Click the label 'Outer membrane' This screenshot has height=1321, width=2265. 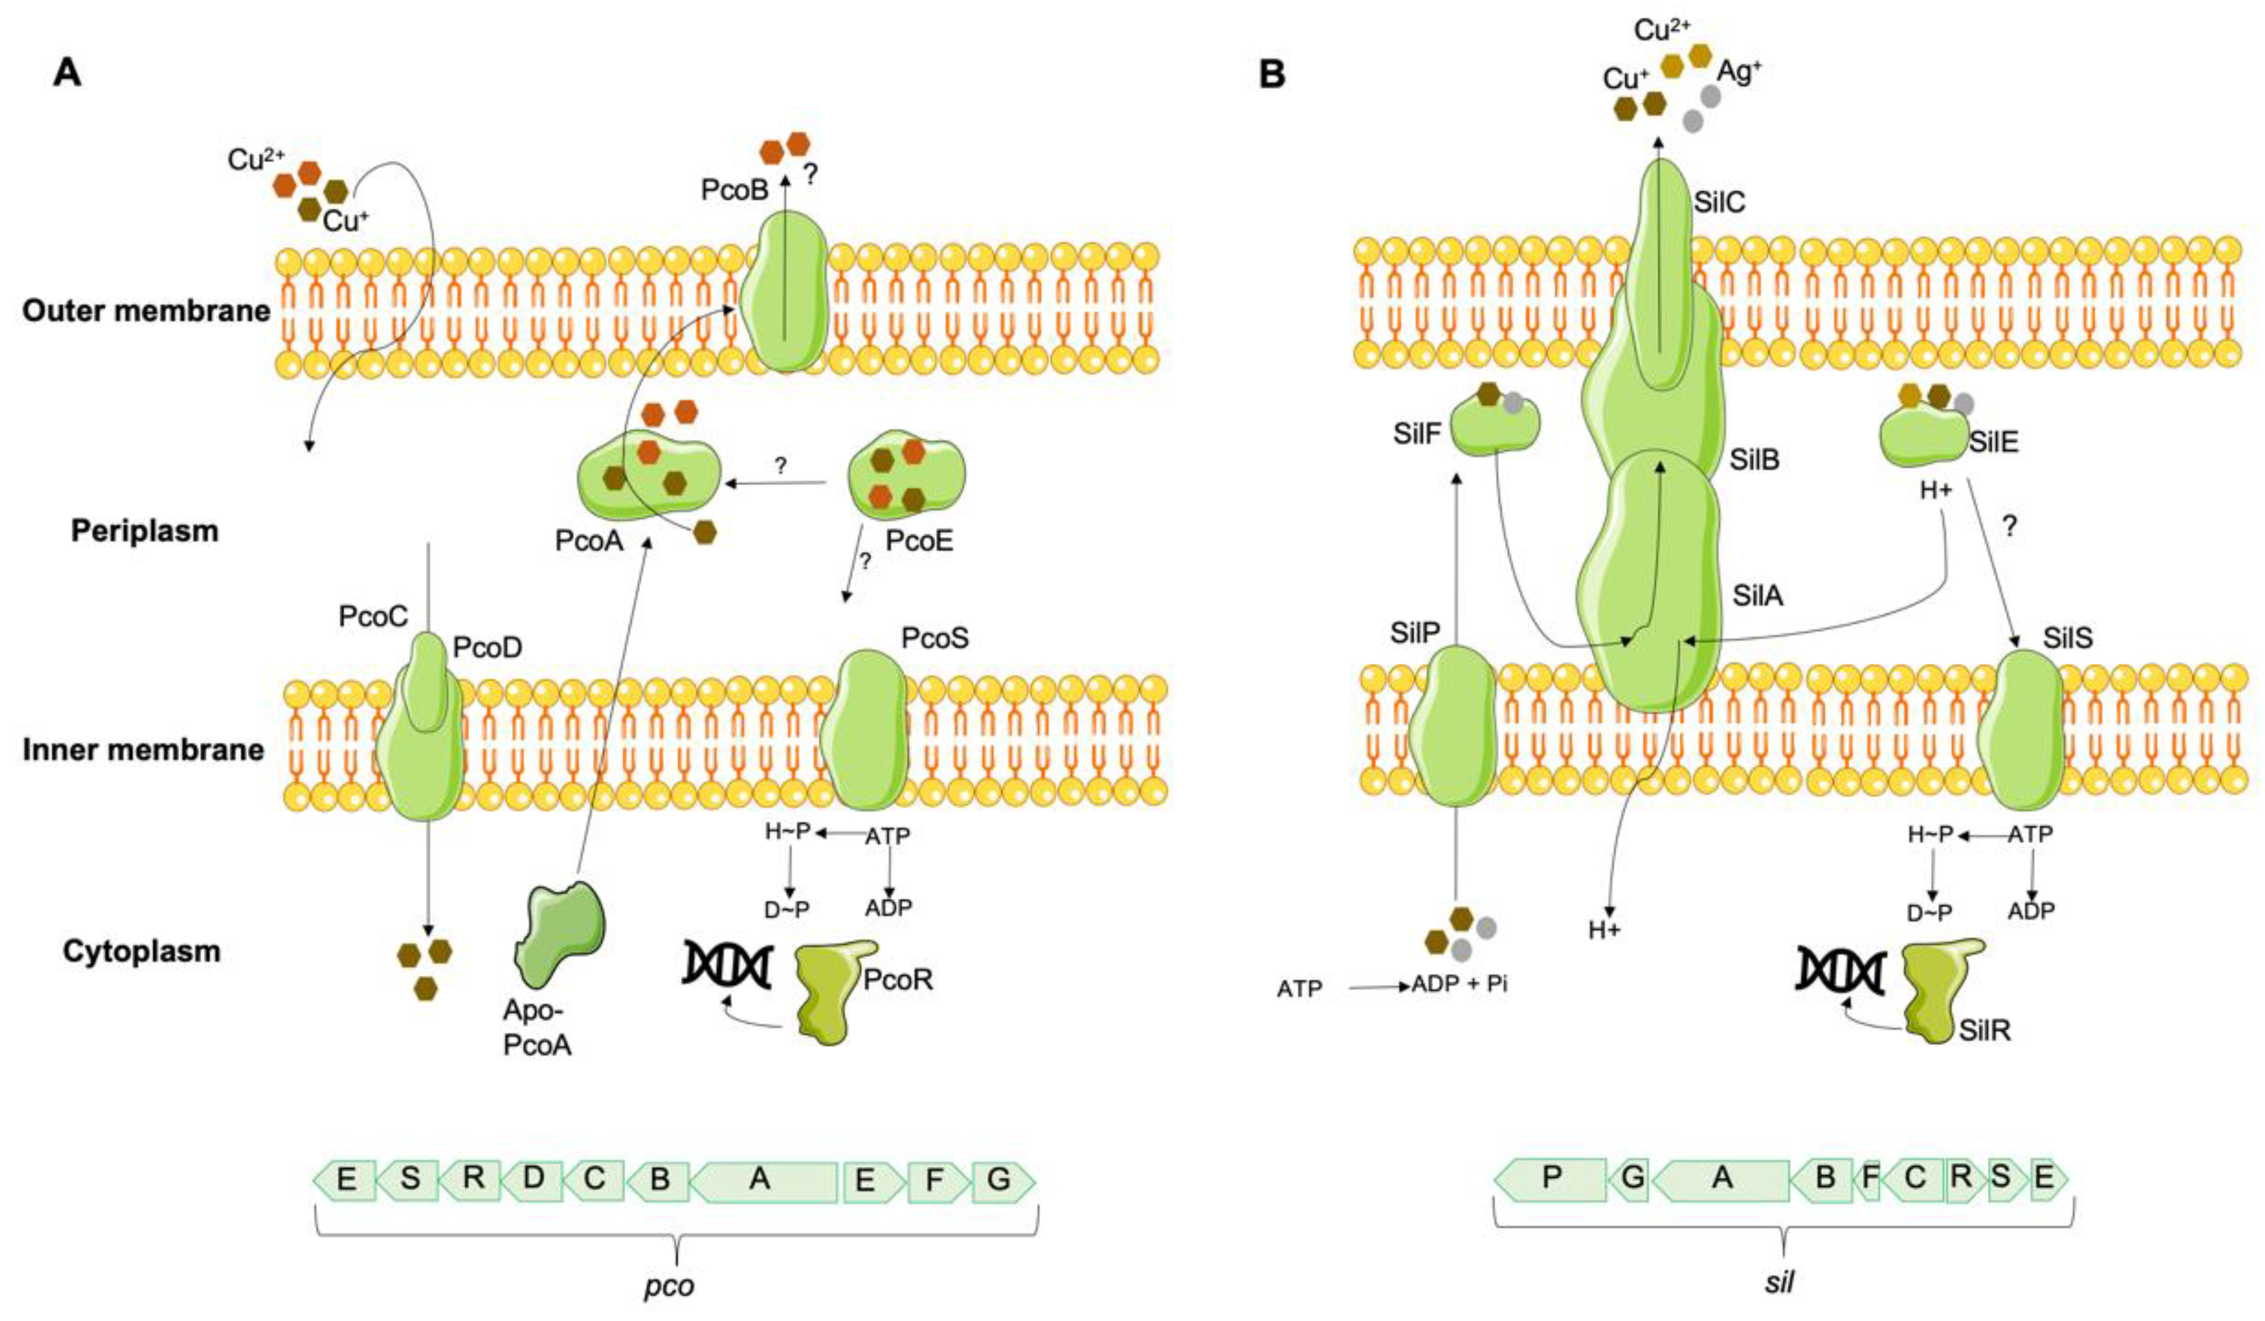pos(146,311)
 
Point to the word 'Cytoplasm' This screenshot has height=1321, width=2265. pos(142,952)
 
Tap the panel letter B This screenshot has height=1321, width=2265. pos(1272,75)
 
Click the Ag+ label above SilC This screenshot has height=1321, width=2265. pos(1739,72)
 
